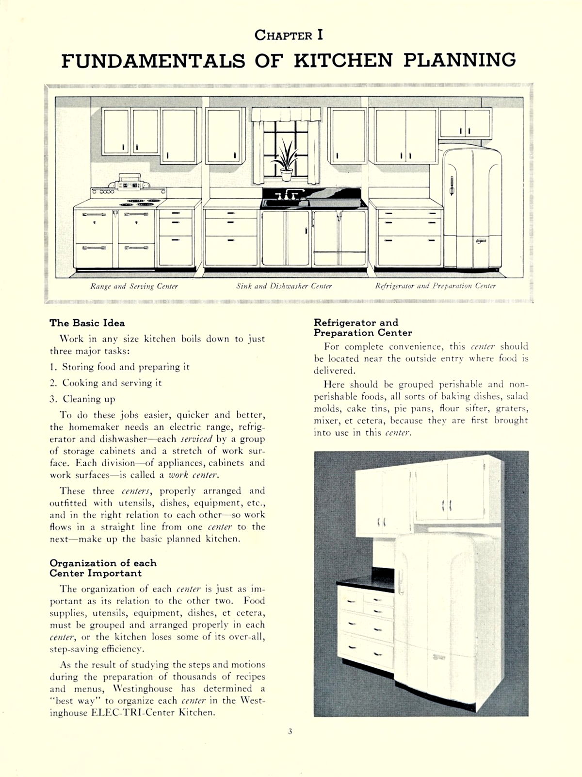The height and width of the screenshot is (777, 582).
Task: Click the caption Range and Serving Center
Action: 134,287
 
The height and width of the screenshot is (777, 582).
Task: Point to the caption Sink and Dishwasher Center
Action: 284,287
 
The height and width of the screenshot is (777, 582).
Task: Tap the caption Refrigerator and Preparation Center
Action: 436,287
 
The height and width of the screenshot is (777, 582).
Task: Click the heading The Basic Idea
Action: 87,323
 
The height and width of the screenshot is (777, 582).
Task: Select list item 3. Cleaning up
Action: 82,399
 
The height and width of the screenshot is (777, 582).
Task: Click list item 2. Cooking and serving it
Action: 106,383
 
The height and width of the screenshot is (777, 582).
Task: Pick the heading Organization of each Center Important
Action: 103,568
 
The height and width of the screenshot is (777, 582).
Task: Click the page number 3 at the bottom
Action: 290,733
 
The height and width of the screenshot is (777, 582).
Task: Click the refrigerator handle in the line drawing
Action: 452,186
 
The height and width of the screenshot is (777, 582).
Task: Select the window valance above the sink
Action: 286,115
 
